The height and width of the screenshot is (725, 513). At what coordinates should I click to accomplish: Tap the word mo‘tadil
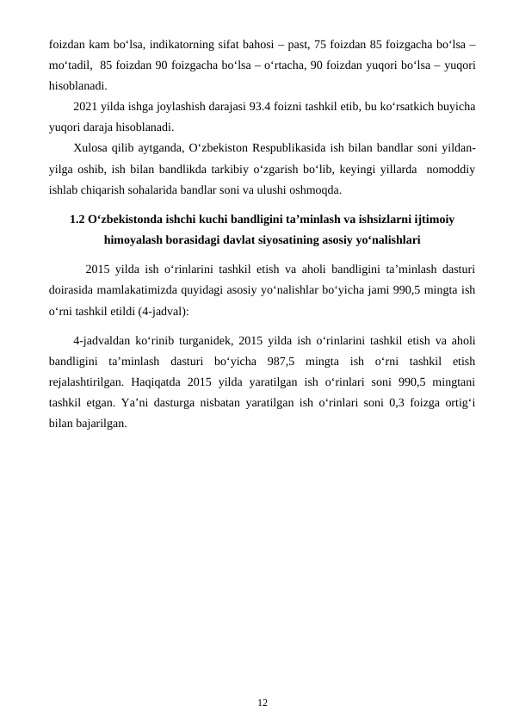point(72,65)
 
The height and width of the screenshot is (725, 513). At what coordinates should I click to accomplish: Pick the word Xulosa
point(91,149)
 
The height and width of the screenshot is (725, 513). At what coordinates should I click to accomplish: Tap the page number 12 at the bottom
point(263,703)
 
